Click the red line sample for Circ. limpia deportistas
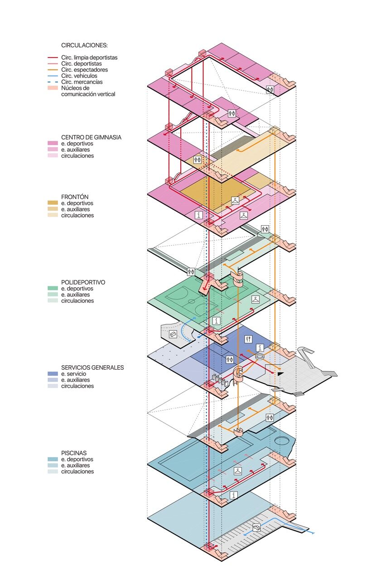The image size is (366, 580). click(x=53, y=58)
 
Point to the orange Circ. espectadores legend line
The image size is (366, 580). click(x=53, y=70)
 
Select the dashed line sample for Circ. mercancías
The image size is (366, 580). click(x=53, y=82)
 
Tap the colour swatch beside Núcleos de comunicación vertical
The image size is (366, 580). click(x=53, y=88)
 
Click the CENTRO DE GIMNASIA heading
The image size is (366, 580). click(x=91, y=137)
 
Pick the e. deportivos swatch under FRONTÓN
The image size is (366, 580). click(x=53, y=203)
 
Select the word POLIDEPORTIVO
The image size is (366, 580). click(x=83, y=282)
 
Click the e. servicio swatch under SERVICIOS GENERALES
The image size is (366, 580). click(x=53, y=374)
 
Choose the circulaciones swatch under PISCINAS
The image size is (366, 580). click(x=53, y=472)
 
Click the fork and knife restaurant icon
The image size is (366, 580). click(x=248, y=339)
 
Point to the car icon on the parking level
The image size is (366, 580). click(x=256, y=527)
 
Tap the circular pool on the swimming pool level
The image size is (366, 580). click(x=282, y=440)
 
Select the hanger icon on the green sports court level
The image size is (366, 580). click(x=256, y=300)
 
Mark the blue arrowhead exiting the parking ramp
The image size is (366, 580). click(x=312, y=533)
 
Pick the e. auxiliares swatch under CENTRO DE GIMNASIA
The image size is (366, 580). click(x=53, y=150)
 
